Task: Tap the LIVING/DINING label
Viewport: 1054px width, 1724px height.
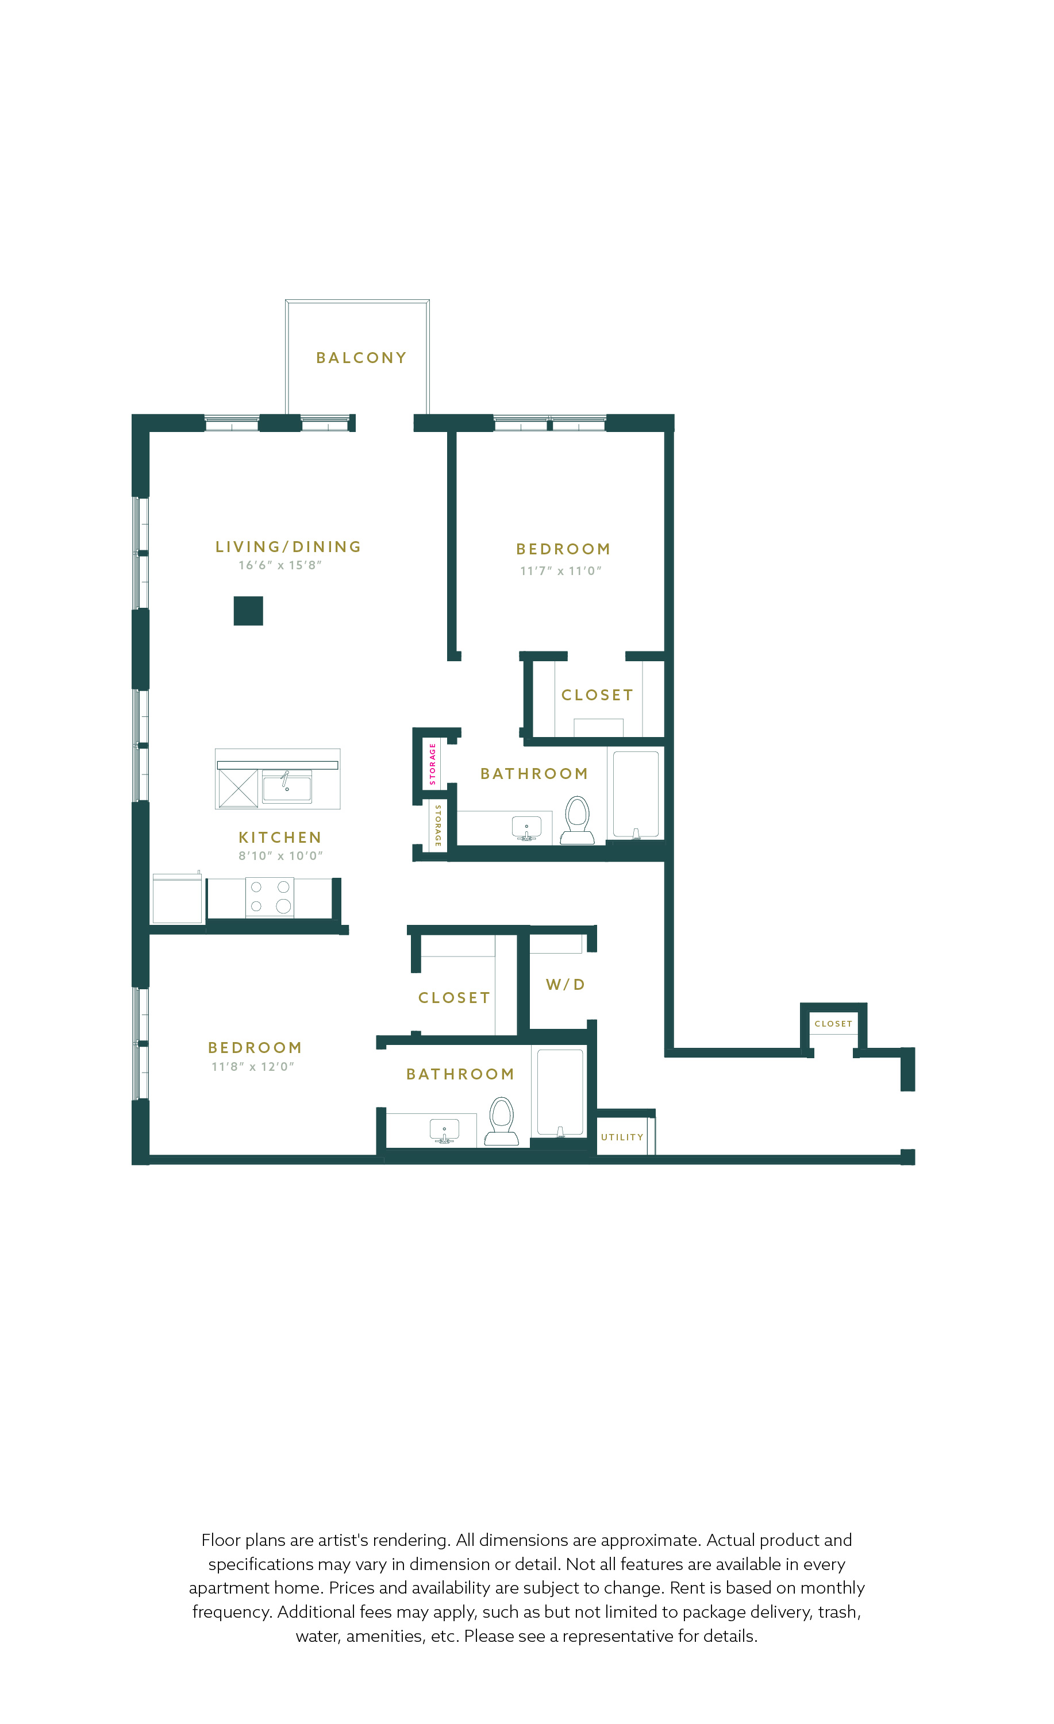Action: point(288,546)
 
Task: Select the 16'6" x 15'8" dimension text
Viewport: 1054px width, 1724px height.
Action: point(280,565)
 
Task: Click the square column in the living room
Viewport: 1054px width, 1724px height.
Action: point(248,611)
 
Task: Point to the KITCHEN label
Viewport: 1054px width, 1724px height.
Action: point(280,838)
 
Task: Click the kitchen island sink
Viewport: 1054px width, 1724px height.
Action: point(287,786)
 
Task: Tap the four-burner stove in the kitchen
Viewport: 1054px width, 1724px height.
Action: point(270,896)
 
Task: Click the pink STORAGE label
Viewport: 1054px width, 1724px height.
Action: point(433,763)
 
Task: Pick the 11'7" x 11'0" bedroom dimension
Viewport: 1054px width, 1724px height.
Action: point(560,571)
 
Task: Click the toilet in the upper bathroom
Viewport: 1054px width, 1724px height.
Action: point(578,819)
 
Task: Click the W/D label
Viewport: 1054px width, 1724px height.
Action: point(566,985)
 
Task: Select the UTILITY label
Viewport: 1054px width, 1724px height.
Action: point(622,1137)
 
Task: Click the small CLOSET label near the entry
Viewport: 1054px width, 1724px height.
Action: point(833,1024)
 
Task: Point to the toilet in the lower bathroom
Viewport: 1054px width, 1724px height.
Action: point(502,1121)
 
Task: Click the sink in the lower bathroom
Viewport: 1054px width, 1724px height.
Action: point(444,1131)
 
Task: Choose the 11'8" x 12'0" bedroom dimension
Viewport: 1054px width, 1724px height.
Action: point(253,1066)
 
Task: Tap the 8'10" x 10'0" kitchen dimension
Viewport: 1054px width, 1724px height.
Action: point(280,856)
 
